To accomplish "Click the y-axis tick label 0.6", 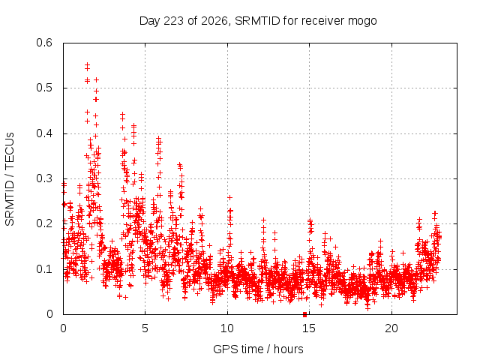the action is [44, 43].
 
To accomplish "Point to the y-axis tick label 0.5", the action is [44, 88].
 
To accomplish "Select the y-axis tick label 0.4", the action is [44, 133].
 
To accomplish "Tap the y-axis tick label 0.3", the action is [44, 178].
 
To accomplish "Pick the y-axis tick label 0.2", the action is [44, 223].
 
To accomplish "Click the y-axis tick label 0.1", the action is [44, 269].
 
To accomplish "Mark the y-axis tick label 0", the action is [49, 314].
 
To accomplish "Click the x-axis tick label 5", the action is [145, 328].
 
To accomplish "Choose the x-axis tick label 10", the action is [227, 328].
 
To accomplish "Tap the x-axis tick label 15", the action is [309, 328].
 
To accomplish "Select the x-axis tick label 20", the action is [391, 328].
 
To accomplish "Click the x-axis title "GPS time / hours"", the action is [258, 349].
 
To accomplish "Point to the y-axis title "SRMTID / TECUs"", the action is [10, 179].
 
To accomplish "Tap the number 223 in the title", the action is [173, 21].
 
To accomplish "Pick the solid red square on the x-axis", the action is [304, 314].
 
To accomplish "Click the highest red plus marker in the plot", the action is [87, 64].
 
